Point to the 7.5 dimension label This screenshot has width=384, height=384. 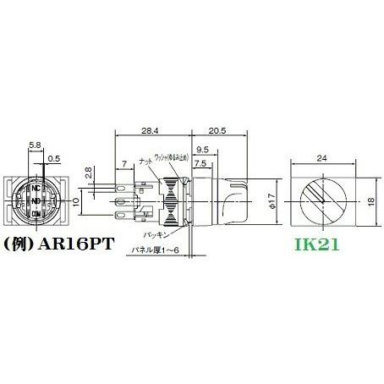pos(200,163)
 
